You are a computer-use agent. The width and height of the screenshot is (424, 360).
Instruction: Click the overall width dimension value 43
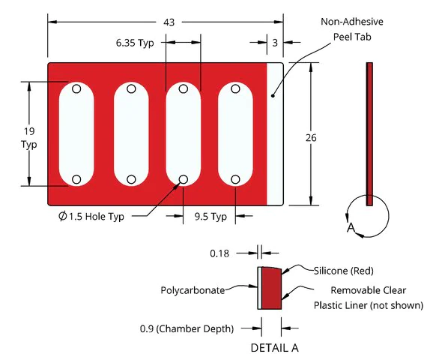coord(169,22)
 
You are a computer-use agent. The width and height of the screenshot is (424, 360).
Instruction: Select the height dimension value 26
coord(311,138)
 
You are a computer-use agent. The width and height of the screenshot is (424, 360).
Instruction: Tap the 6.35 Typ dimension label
coord(135,43)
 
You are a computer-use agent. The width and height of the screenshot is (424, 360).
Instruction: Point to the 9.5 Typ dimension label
coord(211,217)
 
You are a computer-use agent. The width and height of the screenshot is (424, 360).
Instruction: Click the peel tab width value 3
coord(275,43)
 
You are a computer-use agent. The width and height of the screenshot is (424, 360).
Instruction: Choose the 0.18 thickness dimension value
coord(219,253)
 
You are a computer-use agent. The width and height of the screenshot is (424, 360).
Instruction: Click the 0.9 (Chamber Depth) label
coord(187,328)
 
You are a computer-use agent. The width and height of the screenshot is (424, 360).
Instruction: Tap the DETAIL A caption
coord(274,348)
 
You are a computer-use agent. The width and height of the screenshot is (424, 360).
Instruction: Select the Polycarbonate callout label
coord(193,290)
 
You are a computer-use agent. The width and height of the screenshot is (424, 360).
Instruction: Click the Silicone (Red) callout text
coord(343,271)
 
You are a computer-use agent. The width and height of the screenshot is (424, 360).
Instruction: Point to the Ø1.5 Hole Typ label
coord(91,217)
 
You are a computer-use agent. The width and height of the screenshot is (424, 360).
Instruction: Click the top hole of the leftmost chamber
coord(76,88)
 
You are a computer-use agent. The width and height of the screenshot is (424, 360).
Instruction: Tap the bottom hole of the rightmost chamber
coord(235,179)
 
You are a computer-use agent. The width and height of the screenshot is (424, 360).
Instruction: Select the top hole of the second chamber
coord(131,88)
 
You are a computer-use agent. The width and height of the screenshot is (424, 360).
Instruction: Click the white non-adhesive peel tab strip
coord(275,134)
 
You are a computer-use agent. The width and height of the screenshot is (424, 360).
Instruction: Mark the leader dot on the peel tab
coord(273,95)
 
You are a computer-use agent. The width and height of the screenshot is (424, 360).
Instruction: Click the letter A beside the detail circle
coord(351,227)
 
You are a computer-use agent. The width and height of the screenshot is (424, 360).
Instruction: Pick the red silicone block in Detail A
coord(271,288)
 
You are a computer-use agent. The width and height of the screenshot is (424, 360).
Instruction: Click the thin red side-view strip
coord(369,134)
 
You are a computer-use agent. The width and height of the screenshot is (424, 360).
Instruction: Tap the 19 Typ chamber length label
coord(29,138)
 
